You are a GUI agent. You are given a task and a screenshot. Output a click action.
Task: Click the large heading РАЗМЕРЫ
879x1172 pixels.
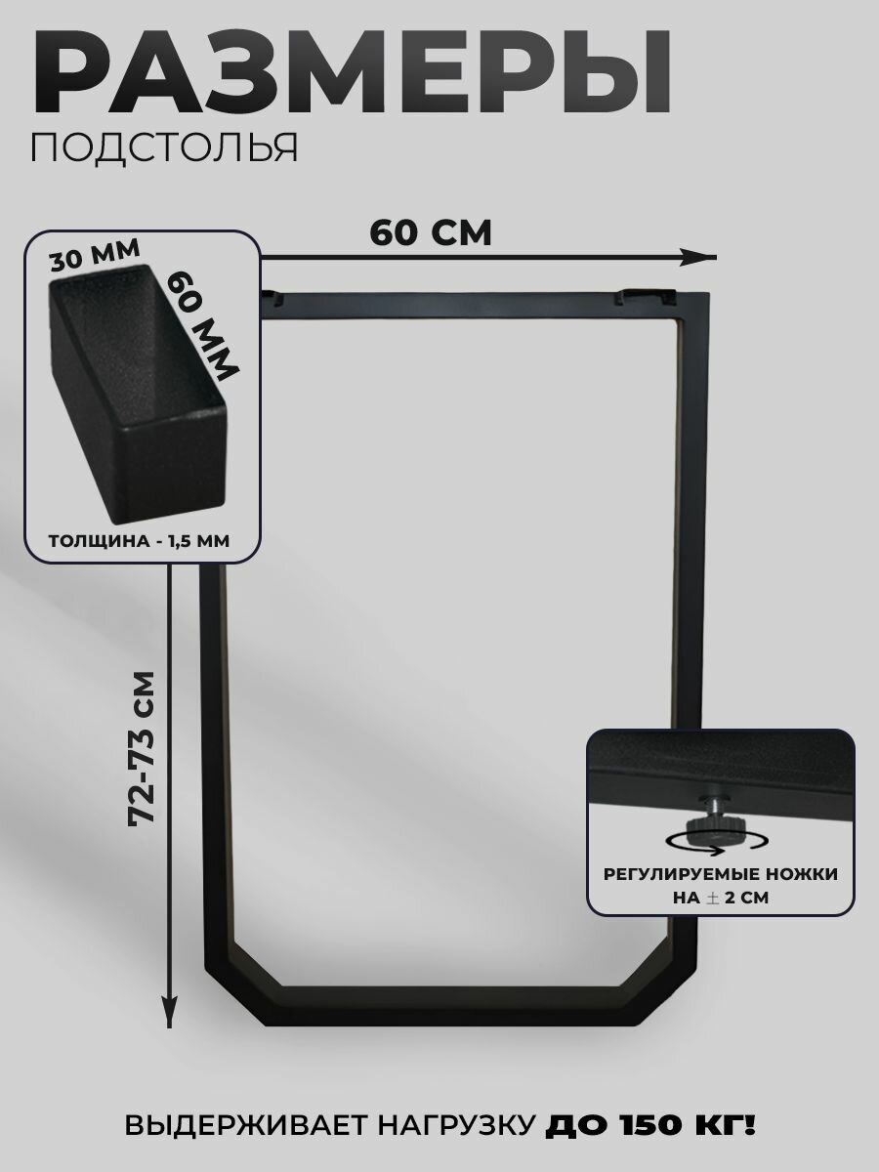(x=352, y=73)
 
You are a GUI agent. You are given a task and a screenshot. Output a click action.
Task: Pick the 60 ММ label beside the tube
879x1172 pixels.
(x=203, y=323)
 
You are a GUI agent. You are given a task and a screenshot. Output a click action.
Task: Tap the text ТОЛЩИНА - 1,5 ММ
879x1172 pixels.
(x=141, y=542)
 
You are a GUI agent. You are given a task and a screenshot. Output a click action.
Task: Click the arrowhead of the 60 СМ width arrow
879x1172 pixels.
(x=701, y=256)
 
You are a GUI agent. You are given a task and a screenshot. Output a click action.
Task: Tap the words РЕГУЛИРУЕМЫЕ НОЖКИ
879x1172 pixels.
(x=721, y=875)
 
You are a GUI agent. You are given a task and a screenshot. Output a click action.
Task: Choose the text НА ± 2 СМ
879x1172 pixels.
(x=721, y=898)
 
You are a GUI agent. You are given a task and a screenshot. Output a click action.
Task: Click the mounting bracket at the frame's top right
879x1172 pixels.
(x=649, y=293)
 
